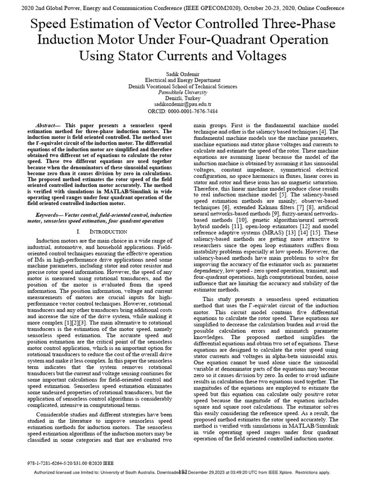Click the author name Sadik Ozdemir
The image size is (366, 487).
(183, 74)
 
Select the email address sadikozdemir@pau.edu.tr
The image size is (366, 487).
(183, 103)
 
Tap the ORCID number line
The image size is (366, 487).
(183, 111)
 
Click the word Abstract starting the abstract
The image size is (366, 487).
(47, 124)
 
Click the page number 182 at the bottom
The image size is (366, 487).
(183, 472)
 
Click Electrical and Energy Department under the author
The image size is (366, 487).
(183, 80)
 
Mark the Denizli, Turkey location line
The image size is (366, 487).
(183, 97)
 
